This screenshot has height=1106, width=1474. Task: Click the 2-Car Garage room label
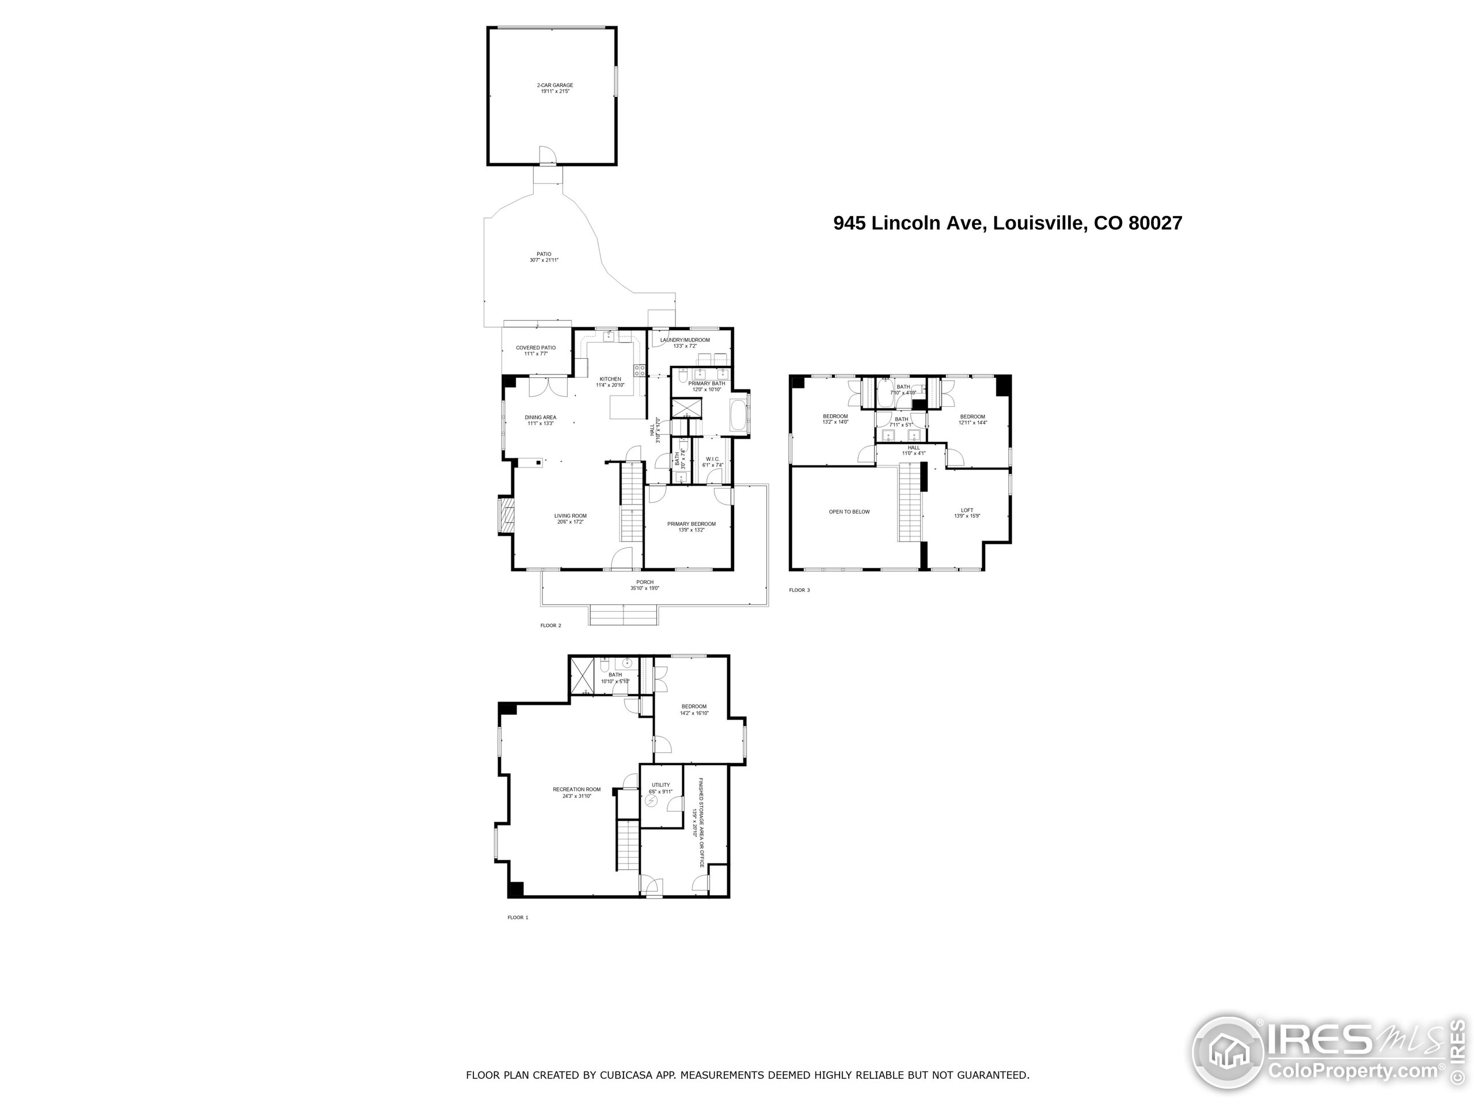click(555, 85)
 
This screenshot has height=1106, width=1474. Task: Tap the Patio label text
click(544, 254)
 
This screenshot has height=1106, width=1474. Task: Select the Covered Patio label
click(535, 348)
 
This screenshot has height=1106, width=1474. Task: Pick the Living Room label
click(571, 516)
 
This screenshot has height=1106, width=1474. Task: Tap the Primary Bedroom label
click(691, 524)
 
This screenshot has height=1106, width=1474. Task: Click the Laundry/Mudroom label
click(685, 340)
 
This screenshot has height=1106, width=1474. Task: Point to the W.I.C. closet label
click(712, 459)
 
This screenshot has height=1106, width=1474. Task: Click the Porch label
click(644, 582)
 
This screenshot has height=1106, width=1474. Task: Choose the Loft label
click(967, 510)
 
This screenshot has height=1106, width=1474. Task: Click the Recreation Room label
click(576, 789)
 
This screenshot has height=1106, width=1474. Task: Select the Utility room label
click(660, 785)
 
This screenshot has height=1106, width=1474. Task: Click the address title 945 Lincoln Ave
click(1007, 223)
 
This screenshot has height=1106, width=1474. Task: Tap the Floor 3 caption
click(799, 590)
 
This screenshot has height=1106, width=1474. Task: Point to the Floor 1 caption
click(518, 917)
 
